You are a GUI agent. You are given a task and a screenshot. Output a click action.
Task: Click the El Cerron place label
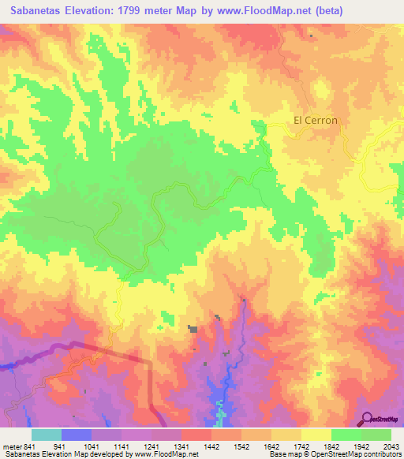pos(316,121)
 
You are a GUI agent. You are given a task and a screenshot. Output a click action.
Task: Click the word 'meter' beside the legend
pos(13,446)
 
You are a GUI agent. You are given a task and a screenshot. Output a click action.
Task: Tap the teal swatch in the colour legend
pos(46,435)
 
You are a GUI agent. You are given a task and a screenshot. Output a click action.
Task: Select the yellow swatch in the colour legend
pos(316,435)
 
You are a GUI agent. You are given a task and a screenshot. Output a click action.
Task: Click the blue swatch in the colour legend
pos(76,435)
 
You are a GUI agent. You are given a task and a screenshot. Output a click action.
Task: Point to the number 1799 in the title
pos(148,10)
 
